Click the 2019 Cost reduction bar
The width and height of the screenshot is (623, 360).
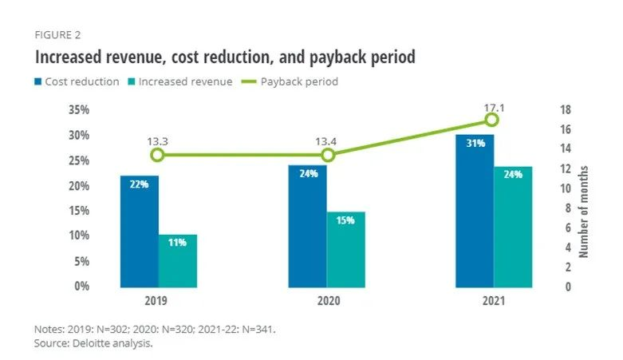coord(140,231)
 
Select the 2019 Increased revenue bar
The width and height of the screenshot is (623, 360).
coord(178,260)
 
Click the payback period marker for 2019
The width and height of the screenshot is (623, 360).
coord(157,155)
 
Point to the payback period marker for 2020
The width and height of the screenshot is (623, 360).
coord(328,155)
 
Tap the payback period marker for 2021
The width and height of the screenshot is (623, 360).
coord(492,120)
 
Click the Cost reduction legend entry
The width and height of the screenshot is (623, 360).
coord(77,81)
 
